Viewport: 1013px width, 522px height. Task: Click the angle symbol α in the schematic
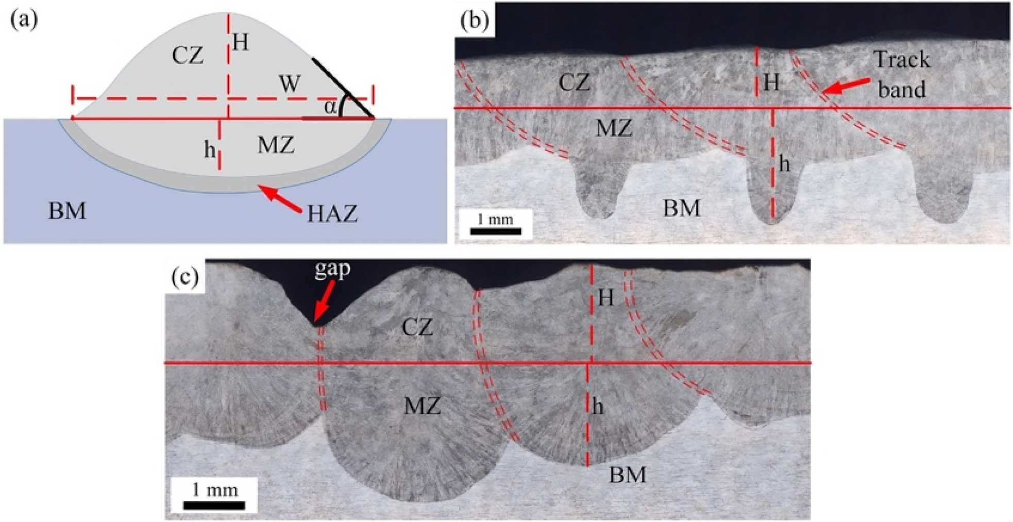[x=330, y=107]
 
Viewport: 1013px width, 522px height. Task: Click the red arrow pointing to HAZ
[x=280, y=198]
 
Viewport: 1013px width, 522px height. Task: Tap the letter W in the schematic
[x=290, y=83]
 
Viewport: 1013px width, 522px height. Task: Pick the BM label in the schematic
[x=67, y=211]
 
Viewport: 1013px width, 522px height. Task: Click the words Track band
[x=902, y=75]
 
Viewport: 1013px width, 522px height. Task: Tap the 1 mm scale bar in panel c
[x=214, y=505]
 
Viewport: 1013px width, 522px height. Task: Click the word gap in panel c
[x=332, y=269]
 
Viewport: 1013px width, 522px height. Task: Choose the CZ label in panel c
[x=417, y=328]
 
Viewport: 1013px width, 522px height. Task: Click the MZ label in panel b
[x=614, y=129]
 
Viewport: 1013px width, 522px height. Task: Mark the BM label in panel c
[x=627, y=475]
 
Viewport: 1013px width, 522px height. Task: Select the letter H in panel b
[x=771, y=83]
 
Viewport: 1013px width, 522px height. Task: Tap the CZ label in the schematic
[x=188, y=55]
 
